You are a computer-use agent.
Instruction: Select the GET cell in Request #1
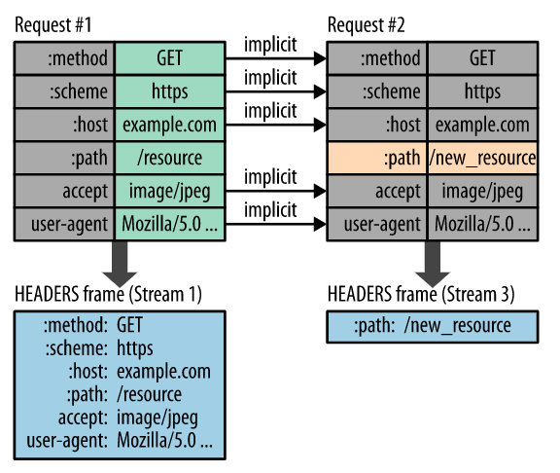coord(168,57)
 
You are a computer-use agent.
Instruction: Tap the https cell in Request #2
coord(482,91)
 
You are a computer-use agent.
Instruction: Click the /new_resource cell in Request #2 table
coord(482,158)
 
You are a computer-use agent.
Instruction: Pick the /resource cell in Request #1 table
coord(168,158)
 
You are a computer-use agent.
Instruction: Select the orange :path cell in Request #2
coord(375,158)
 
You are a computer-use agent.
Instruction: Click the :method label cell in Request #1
coord(64,57)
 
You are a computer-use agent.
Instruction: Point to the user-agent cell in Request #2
coord(375,224)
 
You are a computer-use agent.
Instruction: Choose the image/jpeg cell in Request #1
coord(168,191)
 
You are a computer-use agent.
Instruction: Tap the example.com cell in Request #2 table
coord(482,125)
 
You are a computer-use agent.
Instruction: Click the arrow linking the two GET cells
coord(275,60)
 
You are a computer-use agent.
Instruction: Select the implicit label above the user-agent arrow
coord(269,210)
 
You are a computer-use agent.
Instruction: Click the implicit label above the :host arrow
coord(269,111)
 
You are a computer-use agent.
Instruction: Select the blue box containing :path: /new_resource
coord(432,326)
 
